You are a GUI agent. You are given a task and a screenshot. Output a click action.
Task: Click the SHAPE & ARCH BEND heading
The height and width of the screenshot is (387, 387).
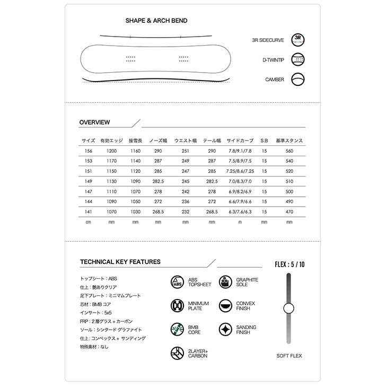[156, 21]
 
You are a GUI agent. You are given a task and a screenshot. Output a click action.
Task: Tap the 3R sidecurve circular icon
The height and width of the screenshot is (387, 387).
[298, 40]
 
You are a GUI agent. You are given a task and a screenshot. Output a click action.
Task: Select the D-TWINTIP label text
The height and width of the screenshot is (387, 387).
[274, 60]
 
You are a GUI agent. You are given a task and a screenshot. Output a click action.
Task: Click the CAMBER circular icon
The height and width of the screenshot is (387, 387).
[298, 80]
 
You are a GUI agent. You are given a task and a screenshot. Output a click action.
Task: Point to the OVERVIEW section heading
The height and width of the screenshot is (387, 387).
[94, 122]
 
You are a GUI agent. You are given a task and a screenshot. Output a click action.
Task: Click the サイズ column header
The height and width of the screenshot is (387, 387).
[88, 140]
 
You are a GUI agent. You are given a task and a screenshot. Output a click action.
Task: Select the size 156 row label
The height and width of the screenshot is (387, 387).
[88, 151]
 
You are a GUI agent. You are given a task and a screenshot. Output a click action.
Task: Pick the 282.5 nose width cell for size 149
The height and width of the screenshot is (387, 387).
[158, 181]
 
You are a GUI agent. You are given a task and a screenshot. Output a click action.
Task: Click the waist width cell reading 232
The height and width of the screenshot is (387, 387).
[185, 211]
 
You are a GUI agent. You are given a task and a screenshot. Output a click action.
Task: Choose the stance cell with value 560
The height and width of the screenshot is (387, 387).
[289, 151]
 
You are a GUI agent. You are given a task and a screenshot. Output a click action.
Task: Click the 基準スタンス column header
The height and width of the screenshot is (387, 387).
[289, 140]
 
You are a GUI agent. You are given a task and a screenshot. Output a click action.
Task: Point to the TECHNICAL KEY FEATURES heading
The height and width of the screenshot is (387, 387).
[120, 262]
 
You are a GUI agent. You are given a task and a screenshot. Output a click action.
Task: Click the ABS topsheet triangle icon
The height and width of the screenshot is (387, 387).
[177, 282]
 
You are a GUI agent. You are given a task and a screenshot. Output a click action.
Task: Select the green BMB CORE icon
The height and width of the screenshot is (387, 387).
[177, 330]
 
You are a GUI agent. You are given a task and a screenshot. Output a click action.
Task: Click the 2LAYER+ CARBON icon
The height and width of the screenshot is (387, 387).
[177, 353]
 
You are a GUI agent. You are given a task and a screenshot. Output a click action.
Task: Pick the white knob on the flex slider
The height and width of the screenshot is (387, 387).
[288, 308]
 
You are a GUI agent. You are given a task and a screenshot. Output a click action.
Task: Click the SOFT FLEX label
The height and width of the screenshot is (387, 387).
[289, 356]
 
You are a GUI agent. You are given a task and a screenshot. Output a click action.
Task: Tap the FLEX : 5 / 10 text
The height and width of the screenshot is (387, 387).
[289, 263]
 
